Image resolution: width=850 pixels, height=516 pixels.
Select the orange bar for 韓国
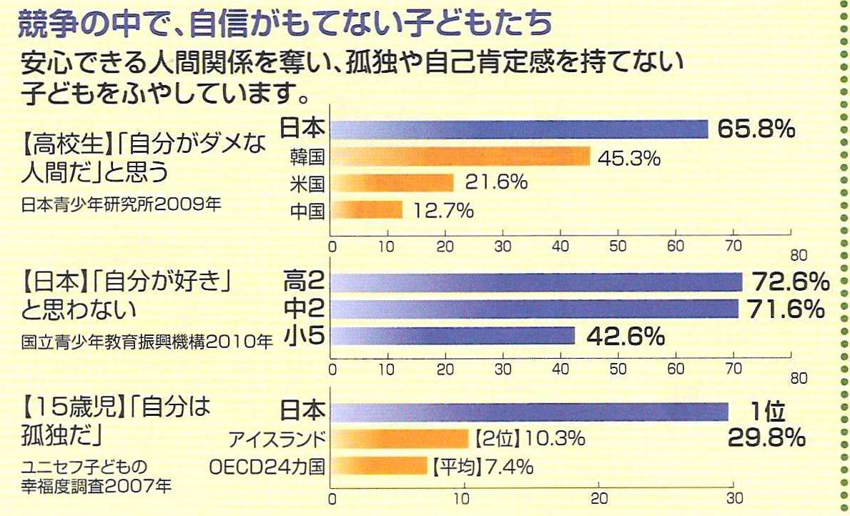461,156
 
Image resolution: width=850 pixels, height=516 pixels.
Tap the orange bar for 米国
392,183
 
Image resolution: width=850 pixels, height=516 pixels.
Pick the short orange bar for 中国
367,210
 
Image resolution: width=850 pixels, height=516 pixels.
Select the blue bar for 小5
453,336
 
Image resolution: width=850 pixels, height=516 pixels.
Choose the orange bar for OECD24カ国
380,467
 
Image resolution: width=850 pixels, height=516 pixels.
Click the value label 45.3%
630,157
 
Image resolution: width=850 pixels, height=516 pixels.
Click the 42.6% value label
626,336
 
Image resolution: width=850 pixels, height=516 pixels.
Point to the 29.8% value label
767,437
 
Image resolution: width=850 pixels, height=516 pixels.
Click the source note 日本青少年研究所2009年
122,204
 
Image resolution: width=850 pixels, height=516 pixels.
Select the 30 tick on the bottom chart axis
731,498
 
